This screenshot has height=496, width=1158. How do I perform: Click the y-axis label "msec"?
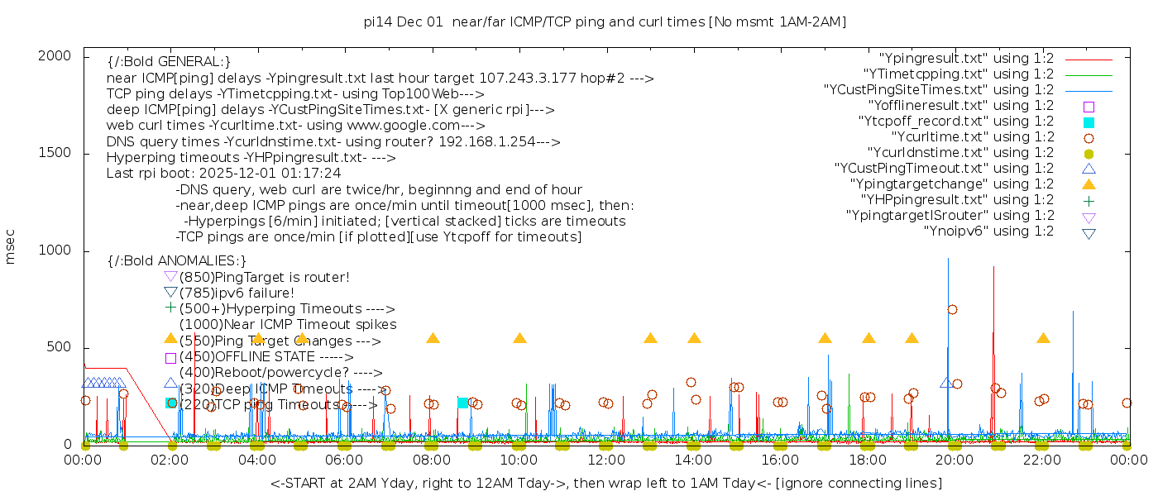pyautogui.click(x=11, y=249)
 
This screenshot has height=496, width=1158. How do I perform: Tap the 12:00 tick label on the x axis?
pyautogui.click(x=605, y=460)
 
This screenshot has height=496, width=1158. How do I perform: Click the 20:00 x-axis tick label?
pyautogui.click(x=954, y=460)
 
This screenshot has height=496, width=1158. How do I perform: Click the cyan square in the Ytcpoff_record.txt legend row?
pyautogui.click(x=1089, y=122)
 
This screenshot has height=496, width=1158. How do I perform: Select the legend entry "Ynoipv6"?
pyautogui.click(x=988, y=231)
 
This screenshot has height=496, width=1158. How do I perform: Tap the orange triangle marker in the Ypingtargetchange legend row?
pyautogui.click(x=1089, y=184)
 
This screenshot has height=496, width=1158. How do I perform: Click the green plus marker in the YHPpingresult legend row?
pyautogui.click(x=1089, y=200)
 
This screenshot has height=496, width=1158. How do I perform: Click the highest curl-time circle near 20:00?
pyautogui.click(x=952, y=309)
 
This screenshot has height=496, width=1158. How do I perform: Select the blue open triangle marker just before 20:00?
pyautogui.click(x=945, y=383)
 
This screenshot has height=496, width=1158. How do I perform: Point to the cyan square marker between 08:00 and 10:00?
pyautogui.click(x=462, y=403)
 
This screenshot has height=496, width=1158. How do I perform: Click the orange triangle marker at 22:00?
pyautogui.click(x=1043, y=338)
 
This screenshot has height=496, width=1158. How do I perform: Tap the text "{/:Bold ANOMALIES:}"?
pyautogui.click(x=177, y=260)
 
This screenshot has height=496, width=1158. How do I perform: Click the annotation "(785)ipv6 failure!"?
pyautogui.click(x=237, y=293)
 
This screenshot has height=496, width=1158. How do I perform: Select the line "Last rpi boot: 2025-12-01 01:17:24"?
pyautogui.click(x=223, y=174)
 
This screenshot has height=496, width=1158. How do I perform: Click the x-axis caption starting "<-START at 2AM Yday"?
pyautogui.click(x=605, y=483)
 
